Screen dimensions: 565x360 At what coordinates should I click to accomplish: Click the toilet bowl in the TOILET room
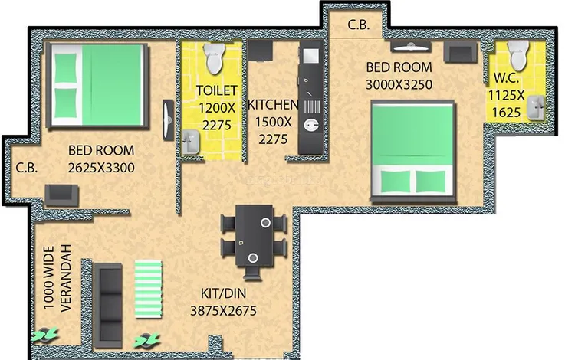click(215, 59)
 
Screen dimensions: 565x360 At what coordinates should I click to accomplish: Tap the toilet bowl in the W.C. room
click(518, 55)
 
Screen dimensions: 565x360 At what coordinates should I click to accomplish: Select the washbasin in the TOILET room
click(191, 142)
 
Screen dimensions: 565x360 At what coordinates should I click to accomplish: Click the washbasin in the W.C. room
click(535, 108)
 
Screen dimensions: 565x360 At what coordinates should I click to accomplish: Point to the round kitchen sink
click(311, 126)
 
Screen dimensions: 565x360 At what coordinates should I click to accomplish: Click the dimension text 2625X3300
click(101, 168)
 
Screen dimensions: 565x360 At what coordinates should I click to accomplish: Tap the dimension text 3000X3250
click(399, 84)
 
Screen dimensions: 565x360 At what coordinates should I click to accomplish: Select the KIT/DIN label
click(223, 293)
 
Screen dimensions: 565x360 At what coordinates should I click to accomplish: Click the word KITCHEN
click(273, 105)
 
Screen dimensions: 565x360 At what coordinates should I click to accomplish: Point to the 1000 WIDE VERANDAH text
click(57, 278)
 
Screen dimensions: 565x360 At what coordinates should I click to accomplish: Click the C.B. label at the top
click(359, 25)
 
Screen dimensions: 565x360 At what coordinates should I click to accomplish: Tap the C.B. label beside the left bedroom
click(27, 168)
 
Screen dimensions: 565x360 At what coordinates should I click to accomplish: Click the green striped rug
click(149, 289)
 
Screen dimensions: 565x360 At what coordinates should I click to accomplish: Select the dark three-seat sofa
click(108, 306)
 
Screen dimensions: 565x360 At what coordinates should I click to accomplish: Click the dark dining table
click(255, 236)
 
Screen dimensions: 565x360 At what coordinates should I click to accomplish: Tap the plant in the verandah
click(44, 335)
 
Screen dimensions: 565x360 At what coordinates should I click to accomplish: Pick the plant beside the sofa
click(146, 339)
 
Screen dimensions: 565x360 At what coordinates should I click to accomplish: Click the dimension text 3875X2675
click(223, 311)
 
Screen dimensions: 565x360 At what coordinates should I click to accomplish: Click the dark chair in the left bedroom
click(61, 195)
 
